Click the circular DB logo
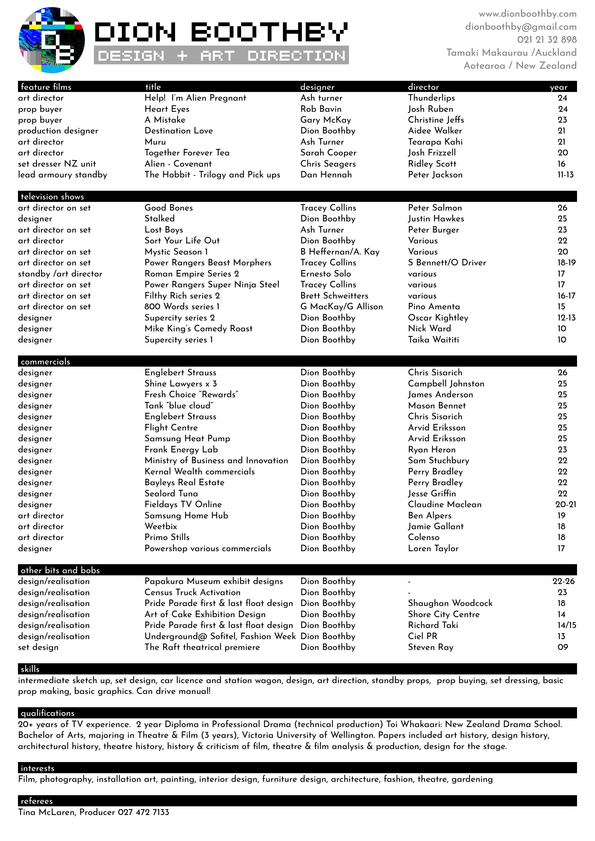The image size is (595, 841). [x=52, y=40]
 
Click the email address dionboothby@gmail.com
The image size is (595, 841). [x=521, y=27]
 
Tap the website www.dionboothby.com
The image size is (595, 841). [x=527, y=14]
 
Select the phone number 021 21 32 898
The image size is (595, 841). [x=547, y=40]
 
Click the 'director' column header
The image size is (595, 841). [x=423, y=87]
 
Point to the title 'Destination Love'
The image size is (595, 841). [x=178, y=131]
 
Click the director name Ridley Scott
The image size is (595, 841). [x=432, y=164]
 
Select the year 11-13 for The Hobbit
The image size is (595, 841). [x=565, y=175]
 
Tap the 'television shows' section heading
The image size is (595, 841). [x=52, y=197]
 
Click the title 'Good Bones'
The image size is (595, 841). [x=169, y=208]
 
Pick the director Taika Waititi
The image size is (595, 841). [x=433, y=340]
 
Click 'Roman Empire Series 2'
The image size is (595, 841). [x=192, y=274]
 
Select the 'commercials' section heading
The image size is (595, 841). [x=45, y=362]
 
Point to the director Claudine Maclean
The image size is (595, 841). [x=445, y=504]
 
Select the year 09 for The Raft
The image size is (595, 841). [x=562, y=647]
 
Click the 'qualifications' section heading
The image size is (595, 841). [x=47, y=713]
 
